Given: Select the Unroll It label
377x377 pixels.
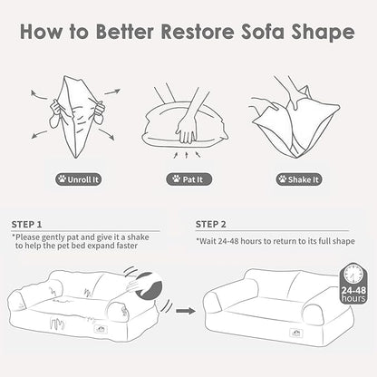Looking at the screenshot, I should coord(82,179).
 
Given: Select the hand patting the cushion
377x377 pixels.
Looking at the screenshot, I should coord(187,121).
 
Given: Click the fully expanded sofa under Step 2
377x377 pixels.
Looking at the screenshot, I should coord(267,313).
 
